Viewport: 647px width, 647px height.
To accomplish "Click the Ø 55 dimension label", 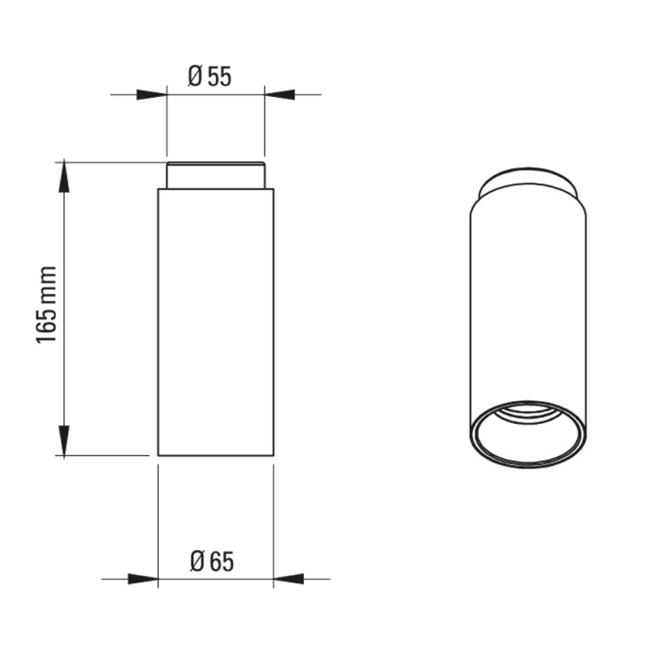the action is pos(209,77).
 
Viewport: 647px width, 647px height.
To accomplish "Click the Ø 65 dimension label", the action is pos(212,561).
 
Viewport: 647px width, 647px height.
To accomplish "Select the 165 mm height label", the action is pos(46,306).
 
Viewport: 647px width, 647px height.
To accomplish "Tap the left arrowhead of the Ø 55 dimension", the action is pos(151,95).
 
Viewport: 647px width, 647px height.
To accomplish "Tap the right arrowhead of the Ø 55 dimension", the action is pos(280,95).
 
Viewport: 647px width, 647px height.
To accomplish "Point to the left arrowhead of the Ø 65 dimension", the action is pos(143,579).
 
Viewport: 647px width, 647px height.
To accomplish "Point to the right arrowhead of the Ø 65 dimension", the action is pos(289,579).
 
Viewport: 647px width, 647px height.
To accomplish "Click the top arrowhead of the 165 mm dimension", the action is pos(64,177).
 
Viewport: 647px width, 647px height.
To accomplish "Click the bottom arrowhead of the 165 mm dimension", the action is pos(64,440).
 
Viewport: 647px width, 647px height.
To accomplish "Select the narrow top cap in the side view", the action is pos(215,175).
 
